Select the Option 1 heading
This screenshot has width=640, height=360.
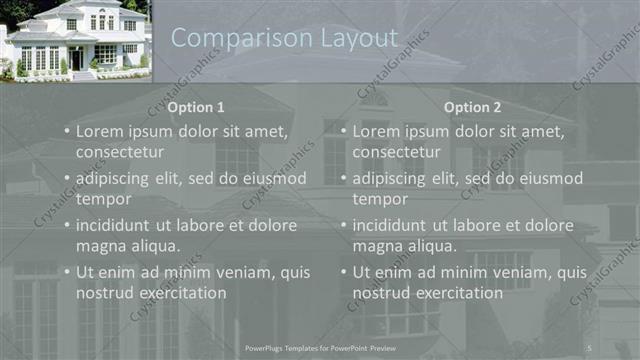pyautogui.click(x=196, y=107)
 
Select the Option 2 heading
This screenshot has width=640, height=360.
pyautogui.click(x=473, y=107)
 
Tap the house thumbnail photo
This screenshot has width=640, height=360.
pyautogui.click(x=75, y=40)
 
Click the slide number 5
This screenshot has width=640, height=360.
pyautogui.click(x=589, y=347)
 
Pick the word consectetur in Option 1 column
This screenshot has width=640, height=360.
pyautogui.click(x=120, y=152)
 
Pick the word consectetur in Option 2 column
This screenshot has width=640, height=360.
pyautogui.click(x=397, y=152)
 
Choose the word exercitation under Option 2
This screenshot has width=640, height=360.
pyautogui.click(x=458, y=293)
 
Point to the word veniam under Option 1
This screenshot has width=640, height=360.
pyautogui.click(x=230, y=272)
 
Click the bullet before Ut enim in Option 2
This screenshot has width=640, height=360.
pyautogui.click(x=345, y=272)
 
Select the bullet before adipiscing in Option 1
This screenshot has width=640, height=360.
pyautogui.click(x=68, y=178)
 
